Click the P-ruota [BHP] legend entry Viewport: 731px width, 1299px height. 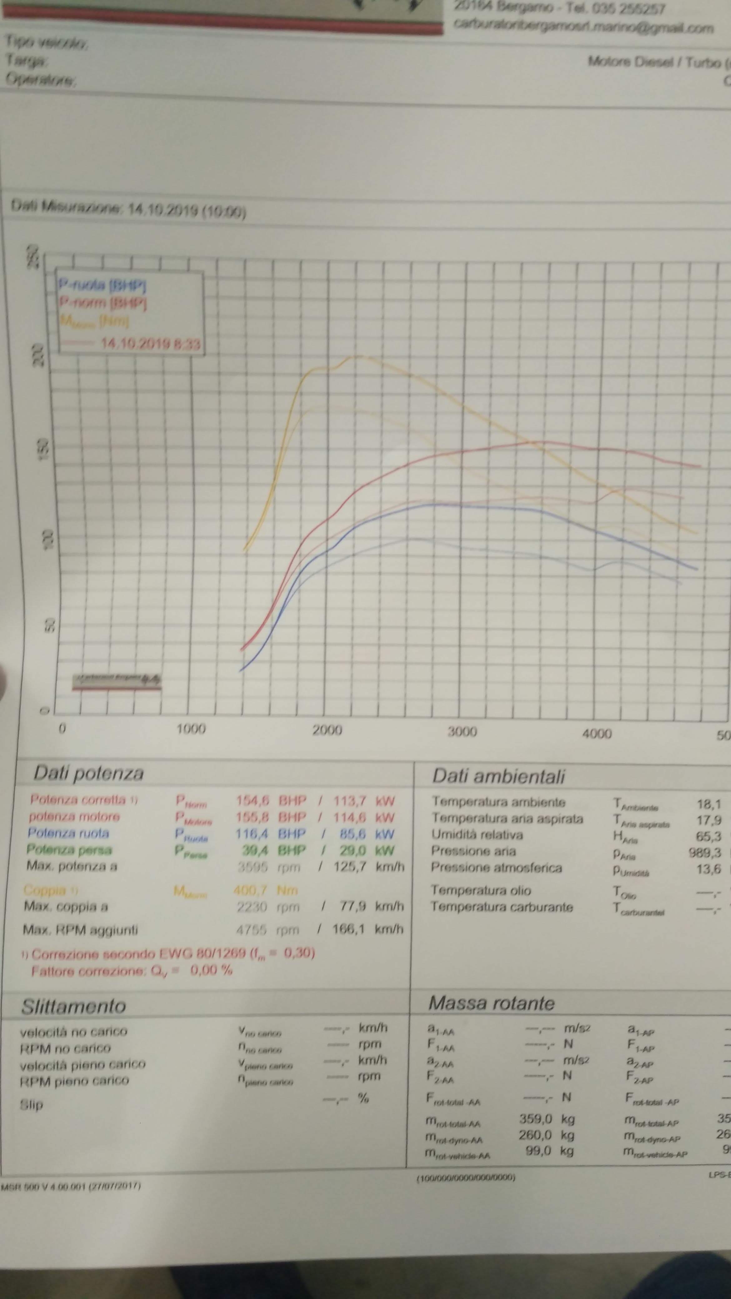(x=102, y=286)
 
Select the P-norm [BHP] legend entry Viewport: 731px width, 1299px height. (x=103, y=304)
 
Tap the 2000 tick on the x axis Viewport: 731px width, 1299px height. (x=327, y=730)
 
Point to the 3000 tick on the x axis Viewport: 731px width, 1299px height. (x=462, y=732)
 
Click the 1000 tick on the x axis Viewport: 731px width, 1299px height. (x=191, y=729)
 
